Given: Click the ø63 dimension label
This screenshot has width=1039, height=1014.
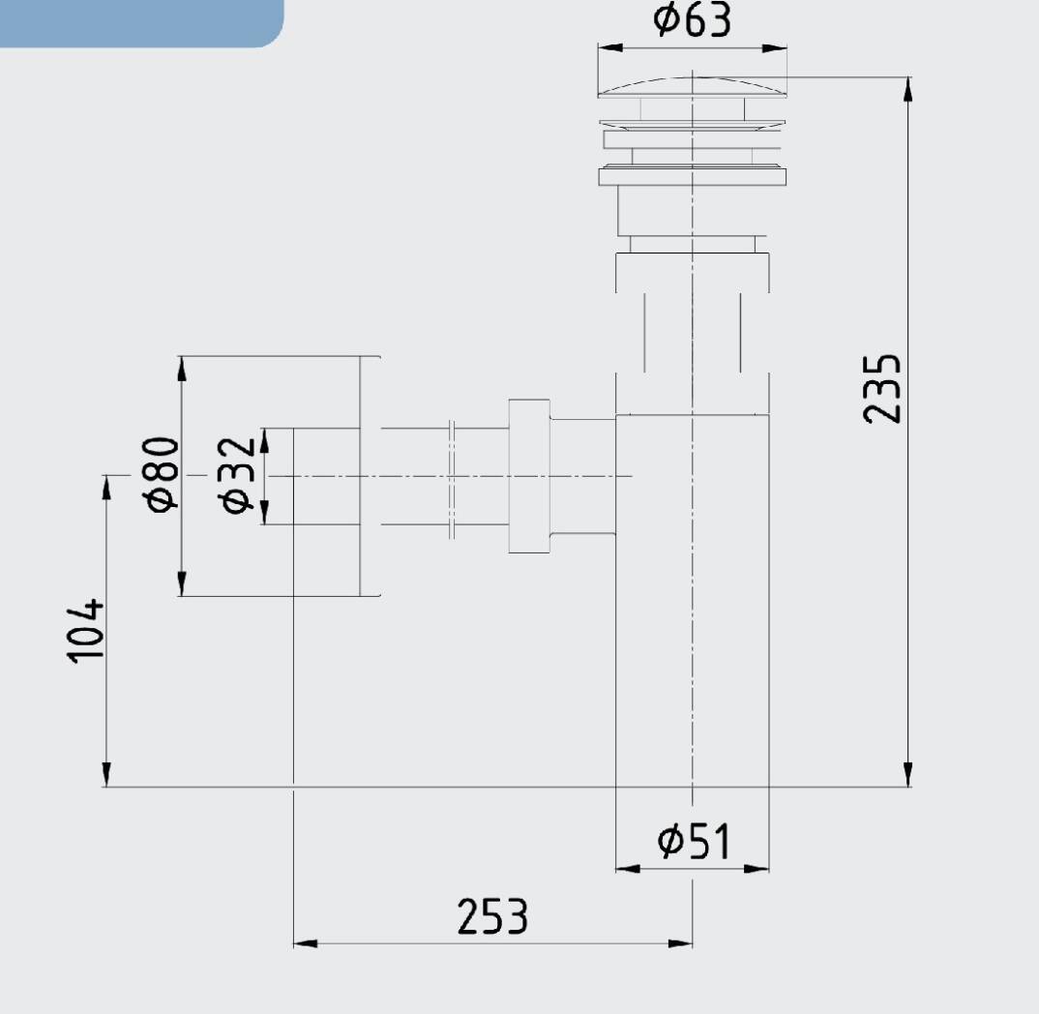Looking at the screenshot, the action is point(692,19).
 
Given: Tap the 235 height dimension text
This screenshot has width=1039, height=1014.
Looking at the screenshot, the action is point(882,389).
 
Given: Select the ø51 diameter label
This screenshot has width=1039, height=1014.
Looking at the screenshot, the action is point(694,841).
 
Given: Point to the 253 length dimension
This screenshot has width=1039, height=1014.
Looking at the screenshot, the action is point(492,916).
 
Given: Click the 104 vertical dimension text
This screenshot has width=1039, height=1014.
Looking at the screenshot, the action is point(85,630).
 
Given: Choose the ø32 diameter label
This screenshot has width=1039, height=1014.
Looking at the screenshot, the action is point(237,474).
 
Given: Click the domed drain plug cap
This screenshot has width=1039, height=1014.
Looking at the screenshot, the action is point(693,87).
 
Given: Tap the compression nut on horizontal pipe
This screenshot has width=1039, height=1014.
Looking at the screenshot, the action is point(529,476).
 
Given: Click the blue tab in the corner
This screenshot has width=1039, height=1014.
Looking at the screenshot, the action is point(141,23).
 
